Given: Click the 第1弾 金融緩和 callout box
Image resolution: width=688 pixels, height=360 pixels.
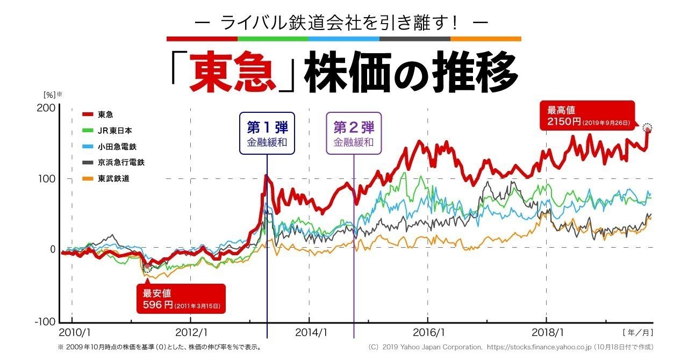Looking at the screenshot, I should click(267, 134).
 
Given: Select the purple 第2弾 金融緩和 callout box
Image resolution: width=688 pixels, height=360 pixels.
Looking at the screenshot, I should click(354, 134).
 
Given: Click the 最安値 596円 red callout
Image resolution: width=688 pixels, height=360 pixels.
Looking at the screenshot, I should click(181, 299).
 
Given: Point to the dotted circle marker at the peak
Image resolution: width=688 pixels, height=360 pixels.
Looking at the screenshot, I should click(648, 128).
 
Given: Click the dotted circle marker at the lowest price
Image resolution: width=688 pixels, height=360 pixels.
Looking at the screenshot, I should click(147, 268).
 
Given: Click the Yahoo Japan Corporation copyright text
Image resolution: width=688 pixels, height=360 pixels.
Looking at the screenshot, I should click(511, 348).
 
